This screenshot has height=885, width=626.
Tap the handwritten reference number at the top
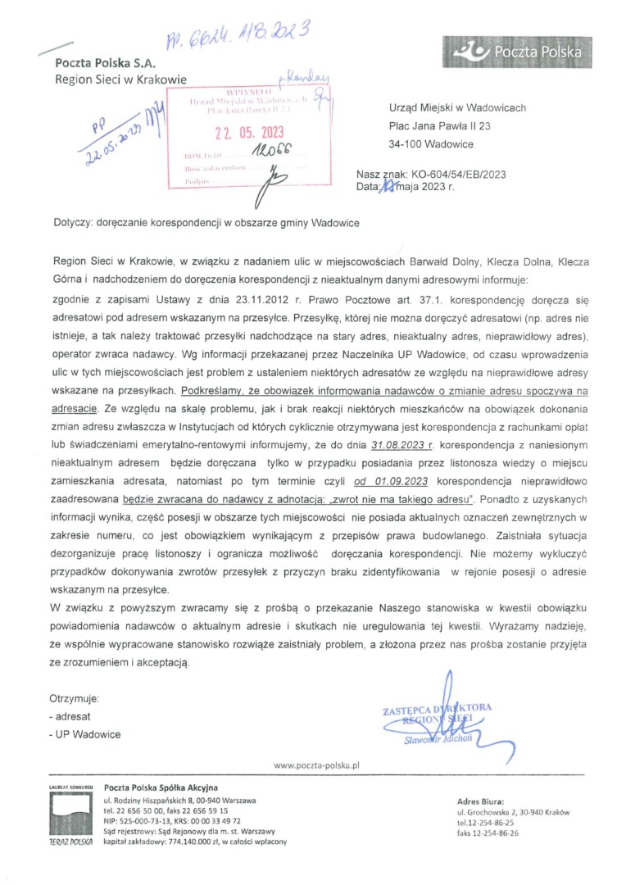click(x=238, y=32)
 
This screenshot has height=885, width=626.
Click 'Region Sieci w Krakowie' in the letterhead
click(x=120, y=79)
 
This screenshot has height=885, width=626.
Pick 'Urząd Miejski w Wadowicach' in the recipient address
click(x=456, y=107)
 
